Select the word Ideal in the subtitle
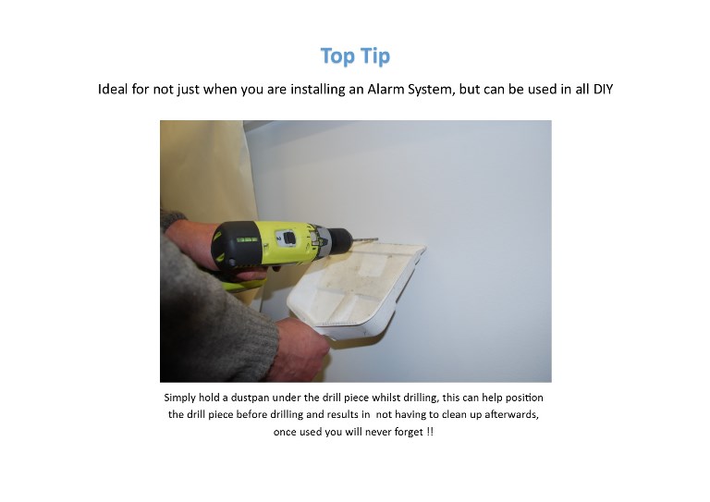coord(116,92)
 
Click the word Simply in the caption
coord(183,398)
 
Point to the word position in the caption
coord(523,398)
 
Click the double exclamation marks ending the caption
coord(430,432)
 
